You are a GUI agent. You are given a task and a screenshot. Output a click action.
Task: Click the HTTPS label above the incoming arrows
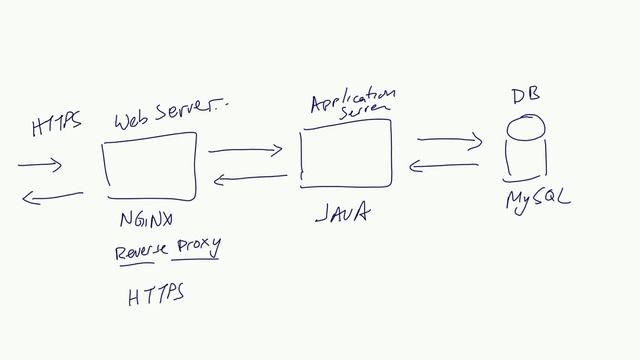pos(56,127)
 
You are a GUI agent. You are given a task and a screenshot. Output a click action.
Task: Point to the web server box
pos(149,170)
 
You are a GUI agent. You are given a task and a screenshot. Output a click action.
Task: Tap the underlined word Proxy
pos(197,246)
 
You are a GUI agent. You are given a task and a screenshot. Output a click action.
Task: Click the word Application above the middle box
pos(353,100)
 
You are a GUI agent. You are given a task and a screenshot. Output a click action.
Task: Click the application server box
pos(346,154)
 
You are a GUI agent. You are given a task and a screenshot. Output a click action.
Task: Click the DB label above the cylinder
pos(525,97)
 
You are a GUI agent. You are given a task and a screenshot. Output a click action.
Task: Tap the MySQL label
pos(537,200)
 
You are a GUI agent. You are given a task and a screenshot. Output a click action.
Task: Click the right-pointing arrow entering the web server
pos(40,163)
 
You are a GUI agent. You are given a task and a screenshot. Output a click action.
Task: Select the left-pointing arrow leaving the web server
pos(52,197)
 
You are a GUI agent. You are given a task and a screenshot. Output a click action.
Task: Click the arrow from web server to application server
pos(245,151)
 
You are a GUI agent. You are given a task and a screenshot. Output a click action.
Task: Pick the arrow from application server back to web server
pos(250,179)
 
